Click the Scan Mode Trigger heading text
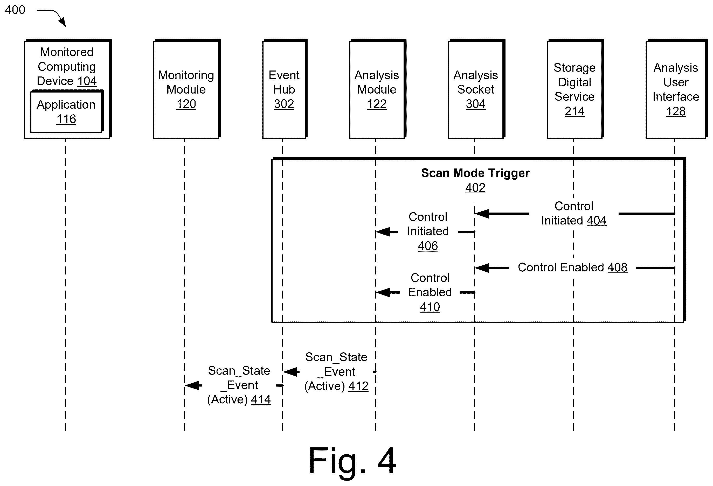tap(475, 173)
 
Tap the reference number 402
tap(475, 188)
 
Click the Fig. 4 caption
tap(352, 461)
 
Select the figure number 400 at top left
tap(15, 10)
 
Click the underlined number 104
tap(87, 81)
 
